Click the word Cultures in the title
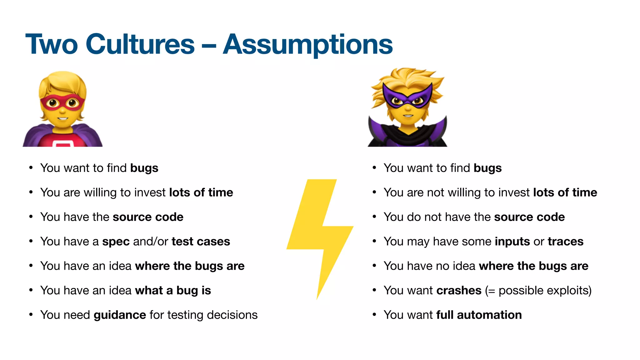pos(140,44)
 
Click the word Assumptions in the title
pos(307,45)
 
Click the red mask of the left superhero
pos(62,103)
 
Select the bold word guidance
pos(120,315)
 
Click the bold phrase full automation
pos(479,315)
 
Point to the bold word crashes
pos(458,291)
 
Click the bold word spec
pos(116,242)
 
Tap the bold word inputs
pos(512,242)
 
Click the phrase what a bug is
pos(173,291)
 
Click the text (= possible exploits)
pos(538,291)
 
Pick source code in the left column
pos(148,217)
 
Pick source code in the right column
pos(529,217)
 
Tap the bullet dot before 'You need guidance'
pos(31,314)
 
